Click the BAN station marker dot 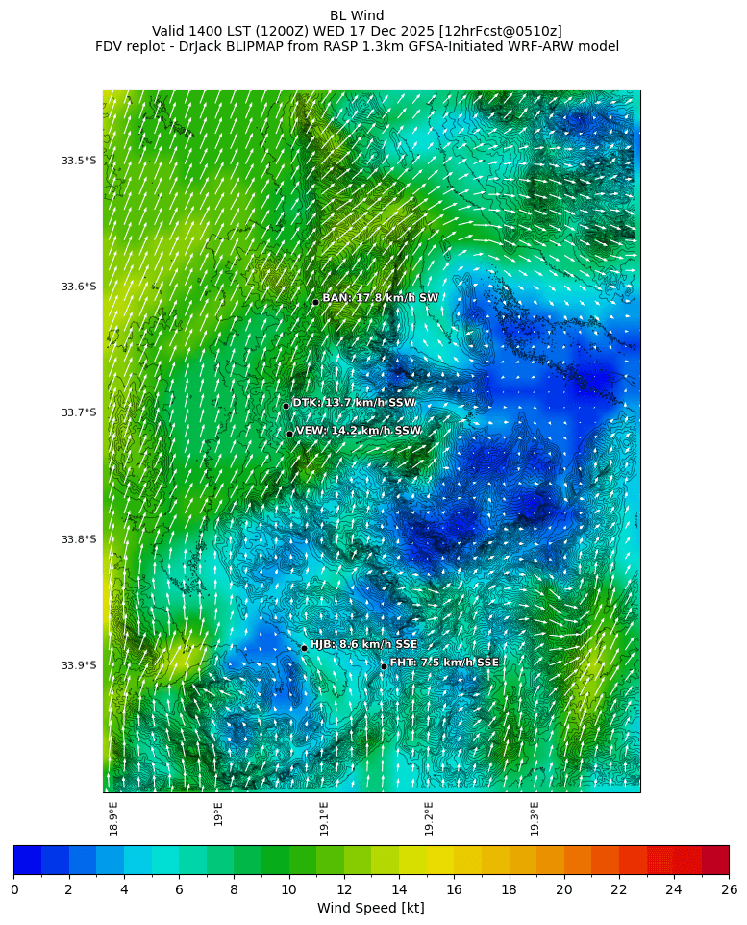[315, 302]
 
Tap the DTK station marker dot [286, 406]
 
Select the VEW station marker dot [289, 434]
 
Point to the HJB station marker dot [304, 648]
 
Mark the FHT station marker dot [384, 666]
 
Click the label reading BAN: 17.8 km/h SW [380, 298]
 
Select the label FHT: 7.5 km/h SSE [444, 662]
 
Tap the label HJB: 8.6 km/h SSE [363, 644]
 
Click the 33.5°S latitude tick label [79, 161]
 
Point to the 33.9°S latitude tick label [79, 665]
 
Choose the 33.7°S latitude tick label [79, 412]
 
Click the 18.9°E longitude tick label [113, 818]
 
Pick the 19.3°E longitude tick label [535, 818]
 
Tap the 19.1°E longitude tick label [324, 818]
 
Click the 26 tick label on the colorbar [729, 889]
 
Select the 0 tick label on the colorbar [14, 889]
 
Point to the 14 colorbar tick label [399, 889]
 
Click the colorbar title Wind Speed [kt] [370, 908]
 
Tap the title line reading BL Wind [357, 15]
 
